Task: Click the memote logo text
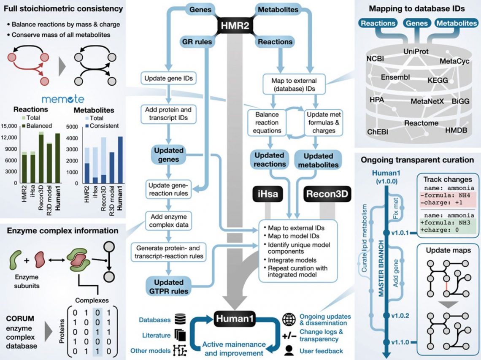63,100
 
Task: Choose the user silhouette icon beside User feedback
289,350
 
